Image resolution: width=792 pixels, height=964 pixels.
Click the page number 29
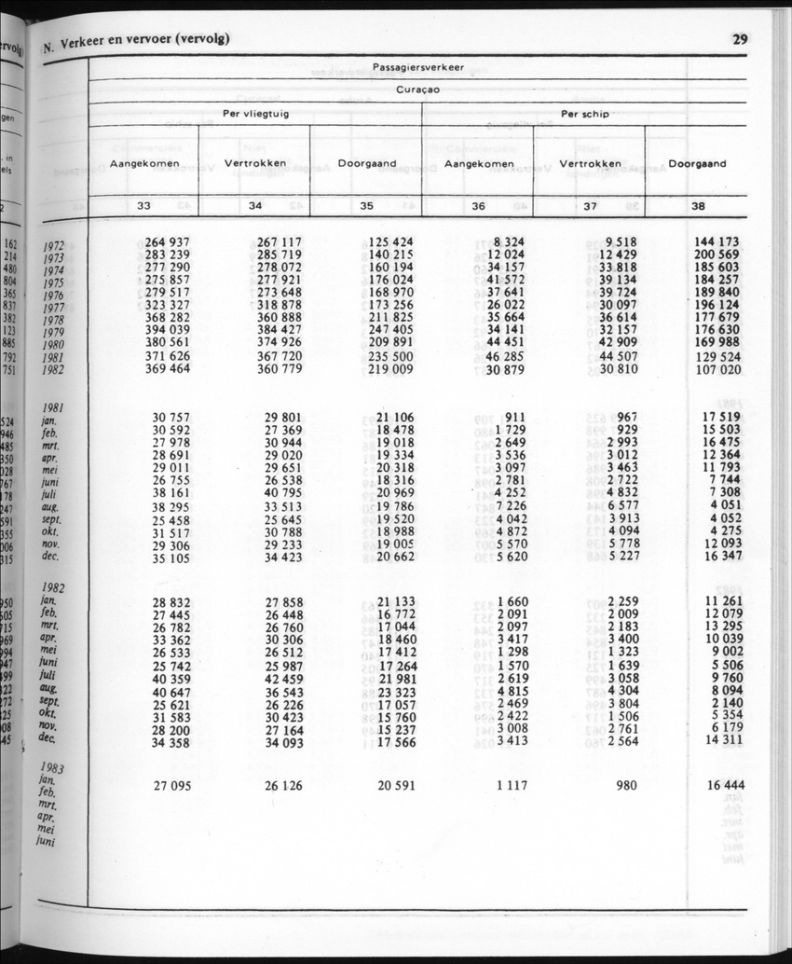tap(740, 39)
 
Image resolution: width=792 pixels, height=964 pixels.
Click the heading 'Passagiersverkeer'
tap(418, 67)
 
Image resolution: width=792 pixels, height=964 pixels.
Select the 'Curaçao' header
tap(418, 90)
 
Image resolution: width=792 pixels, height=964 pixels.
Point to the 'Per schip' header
tap(584, 115)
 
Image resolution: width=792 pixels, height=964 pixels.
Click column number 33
tap(144, 206)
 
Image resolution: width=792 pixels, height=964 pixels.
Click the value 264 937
tap(168, 242)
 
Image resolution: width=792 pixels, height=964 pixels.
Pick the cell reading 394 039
tap(168, 329)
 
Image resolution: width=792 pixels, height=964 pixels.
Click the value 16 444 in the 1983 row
tap(725, 786)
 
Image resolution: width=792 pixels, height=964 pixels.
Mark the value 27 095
tap(172, 786)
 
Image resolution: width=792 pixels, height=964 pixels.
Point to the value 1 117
tap(512, 786)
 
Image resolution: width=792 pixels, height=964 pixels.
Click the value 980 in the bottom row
tap(626, 786)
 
